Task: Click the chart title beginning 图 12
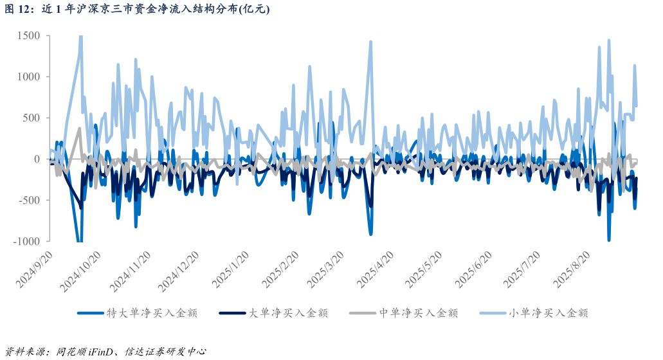[138, 9]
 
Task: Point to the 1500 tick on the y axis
[28, 36]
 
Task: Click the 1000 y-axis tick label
[28, 77]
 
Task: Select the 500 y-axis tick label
[32, 118]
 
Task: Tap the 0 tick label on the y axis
[37, 159]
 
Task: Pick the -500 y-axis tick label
[29, 201]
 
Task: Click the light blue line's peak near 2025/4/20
[370, 42]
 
